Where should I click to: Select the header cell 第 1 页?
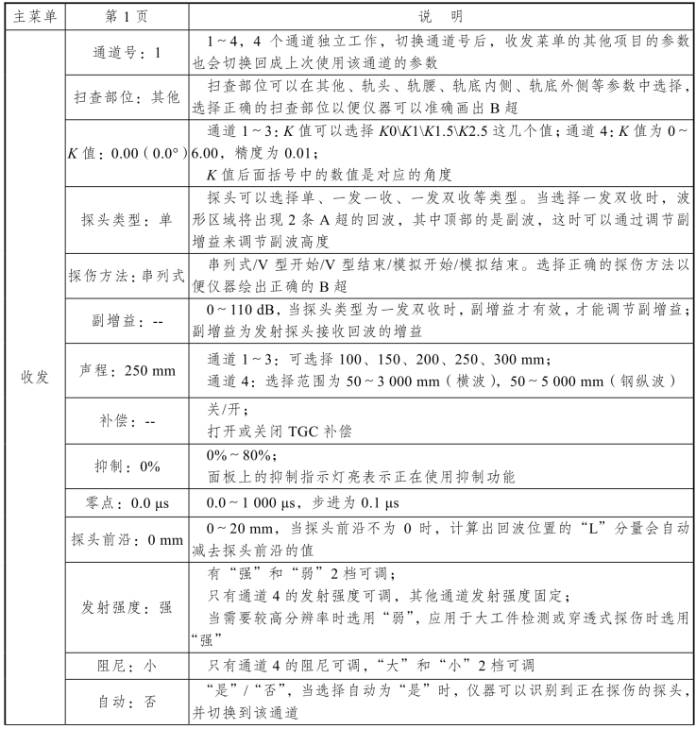point(127,16)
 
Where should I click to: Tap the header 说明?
point(441,16)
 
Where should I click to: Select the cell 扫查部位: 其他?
point(127,97)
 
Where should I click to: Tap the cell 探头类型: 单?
point(127,219)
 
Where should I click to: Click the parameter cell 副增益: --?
point(127,323)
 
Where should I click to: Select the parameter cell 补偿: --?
point(127,422)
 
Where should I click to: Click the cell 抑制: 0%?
point(127,466)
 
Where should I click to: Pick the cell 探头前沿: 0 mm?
point(127,541)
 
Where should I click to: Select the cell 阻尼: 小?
point(127,664)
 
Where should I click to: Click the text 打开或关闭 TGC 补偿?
point(279,432)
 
